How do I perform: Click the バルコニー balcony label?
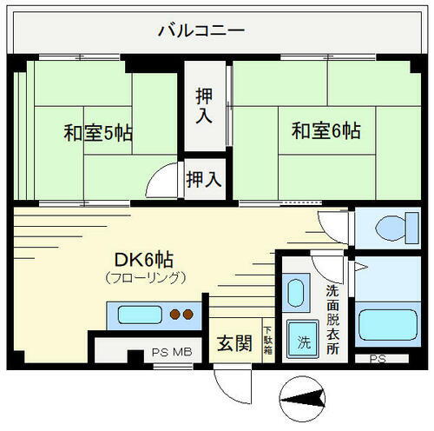click(201, 32)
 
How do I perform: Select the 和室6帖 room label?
click(325, 132)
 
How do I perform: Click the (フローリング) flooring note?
click(145, 278)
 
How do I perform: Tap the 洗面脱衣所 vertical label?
click(333, 317)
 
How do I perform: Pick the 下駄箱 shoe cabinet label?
click(267, 339)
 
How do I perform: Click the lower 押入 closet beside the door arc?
click(204, 180)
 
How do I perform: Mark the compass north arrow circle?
click(305, 399)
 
